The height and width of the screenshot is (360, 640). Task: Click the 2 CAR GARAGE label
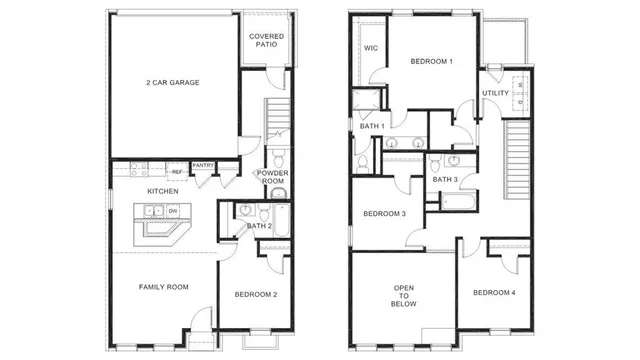point(171,82)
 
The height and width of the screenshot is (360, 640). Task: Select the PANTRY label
point(203,165)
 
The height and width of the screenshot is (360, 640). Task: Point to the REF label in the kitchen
point(175,171)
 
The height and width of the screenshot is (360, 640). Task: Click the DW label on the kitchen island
point(172,211)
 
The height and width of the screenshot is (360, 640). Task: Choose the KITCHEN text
point(162,190)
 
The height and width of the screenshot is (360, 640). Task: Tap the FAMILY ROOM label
point(163,287)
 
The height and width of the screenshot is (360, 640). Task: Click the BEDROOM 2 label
point(256,295)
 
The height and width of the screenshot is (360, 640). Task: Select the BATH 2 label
point(259,226)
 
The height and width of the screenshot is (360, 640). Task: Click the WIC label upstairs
point(370,47)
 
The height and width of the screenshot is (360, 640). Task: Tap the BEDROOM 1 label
point(432,62)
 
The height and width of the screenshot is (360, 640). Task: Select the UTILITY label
point(496,93)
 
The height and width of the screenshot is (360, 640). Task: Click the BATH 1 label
point(372,126)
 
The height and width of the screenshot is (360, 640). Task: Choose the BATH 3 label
point(445,179)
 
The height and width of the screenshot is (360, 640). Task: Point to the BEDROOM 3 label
point(384,214)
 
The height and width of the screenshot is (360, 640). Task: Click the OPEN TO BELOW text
point(403,294)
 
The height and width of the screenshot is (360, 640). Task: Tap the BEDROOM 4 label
point(495,292)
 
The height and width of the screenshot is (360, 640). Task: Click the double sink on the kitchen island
point(154,211)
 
